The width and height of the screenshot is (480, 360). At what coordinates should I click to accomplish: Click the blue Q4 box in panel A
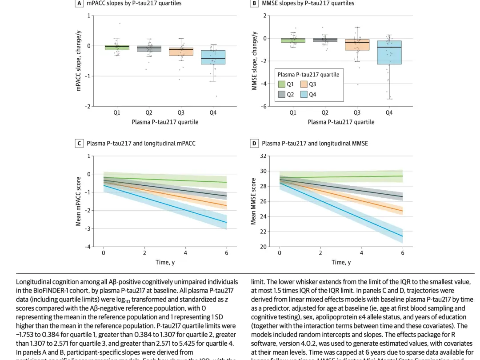click(x=213, y=57)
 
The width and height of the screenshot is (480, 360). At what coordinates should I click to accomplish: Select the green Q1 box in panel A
click(x=116, y=47)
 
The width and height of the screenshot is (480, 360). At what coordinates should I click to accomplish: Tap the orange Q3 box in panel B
click(x=357, y=44)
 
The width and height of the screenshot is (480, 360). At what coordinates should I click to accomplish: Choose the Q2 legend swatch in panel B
click(x=282, y=94)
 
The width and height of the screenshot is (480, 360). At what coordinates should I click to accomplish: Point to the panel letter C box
click(x=79, y=144)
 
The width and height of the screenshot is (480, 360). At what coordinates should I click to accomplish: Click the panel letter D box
click(x=254, y=144)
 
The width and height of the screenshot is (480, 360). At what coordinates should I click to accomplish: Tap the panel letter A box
click(x=79, y=3)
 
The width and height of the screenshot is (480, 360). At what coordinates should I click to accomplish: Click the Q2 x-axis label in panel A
click(x=149, y=113)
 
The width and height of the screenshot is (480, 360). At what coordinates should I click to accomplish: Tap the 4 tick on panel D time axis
click(x=361, y=253)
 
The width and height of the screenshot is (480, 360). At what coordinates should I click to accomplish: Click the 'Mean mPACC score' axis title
click(x=78, y=201)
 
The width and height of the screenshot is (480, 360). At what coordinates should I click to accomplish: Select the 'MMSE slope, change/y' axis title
click(x=255, y=61)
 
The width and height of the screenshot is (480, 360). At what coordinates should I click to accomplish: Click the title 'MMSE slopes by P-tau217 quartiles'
click(x=308, y=3)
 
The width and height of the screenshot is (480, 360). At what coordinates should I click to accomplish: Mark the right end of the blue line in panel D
click(x=402, y=236)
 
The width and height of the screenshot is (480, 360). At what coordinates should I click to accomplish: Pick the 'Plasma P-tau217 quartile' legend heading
click(x=308, y=75)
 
